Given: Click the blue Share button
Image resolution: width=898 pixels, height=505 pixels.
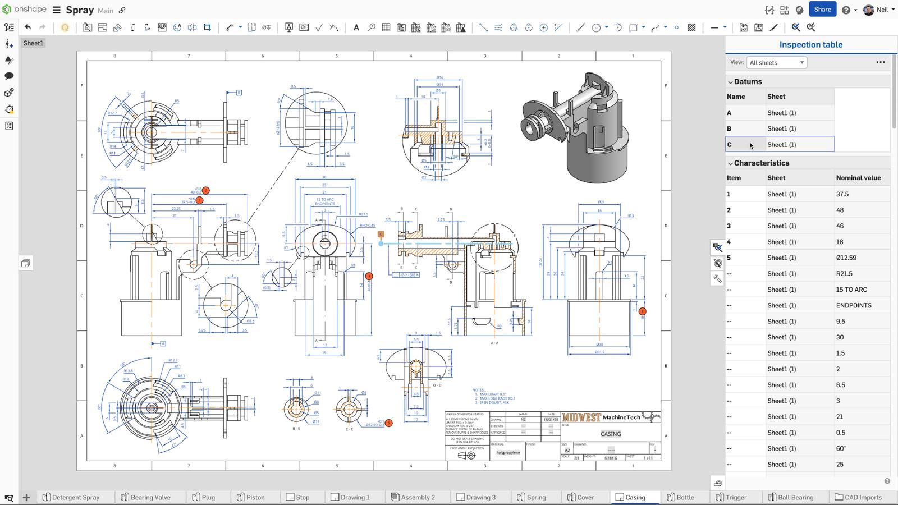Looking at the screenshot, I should pyautogui.click(x=822, y=10).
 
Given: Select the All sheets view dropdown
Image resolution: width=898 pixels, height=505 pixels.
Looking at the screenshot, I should pyautogui.click(x=776, y=63).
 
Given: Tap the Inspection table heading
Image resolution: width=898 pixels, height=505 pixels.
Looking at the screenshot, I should pyautogui.click(x=810, y=45).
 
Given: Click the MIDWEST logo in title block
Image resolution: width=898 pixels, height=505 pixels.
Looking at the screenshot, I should pyautogui.click(x=581, y=417).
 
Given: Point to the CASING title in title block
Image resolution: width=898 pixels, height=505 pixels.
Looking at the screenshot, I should pyautogui.click(x=611, y=434).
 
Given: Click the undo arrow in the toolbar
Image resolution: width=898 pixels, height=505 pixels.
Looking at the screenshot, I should pyautogui.click(x=28, y=27).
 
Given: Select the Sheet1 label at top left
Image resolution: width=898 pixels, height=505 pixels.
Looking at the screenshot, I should pyautogui.click(x=33, y=43).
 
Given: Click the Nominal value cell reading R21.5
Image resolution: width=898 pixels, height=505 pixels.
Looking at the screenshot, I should pyautogui.click(x=844, y=274).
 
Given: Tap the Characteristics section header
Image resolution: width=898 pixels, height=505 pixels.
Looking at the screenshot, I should pyautogui.click(x=761, y=163).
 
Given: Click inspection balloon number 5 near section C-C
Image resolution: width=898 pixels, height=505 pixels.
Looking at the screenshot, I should pyautogui.click(x=389, y=423).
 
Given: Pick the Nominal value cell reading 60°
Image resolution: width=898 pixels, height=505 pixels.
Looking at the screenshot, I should pyautogui.click(x=841, y=449).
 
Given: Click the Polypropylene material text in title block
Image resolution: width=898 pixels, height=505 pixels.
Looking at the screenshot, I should pyautogui.click(x=508, y=453).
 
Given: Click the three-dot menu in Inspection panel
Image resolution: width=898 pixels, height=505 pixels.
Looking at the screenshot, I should pyautogui.click(x=880, y=62).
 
